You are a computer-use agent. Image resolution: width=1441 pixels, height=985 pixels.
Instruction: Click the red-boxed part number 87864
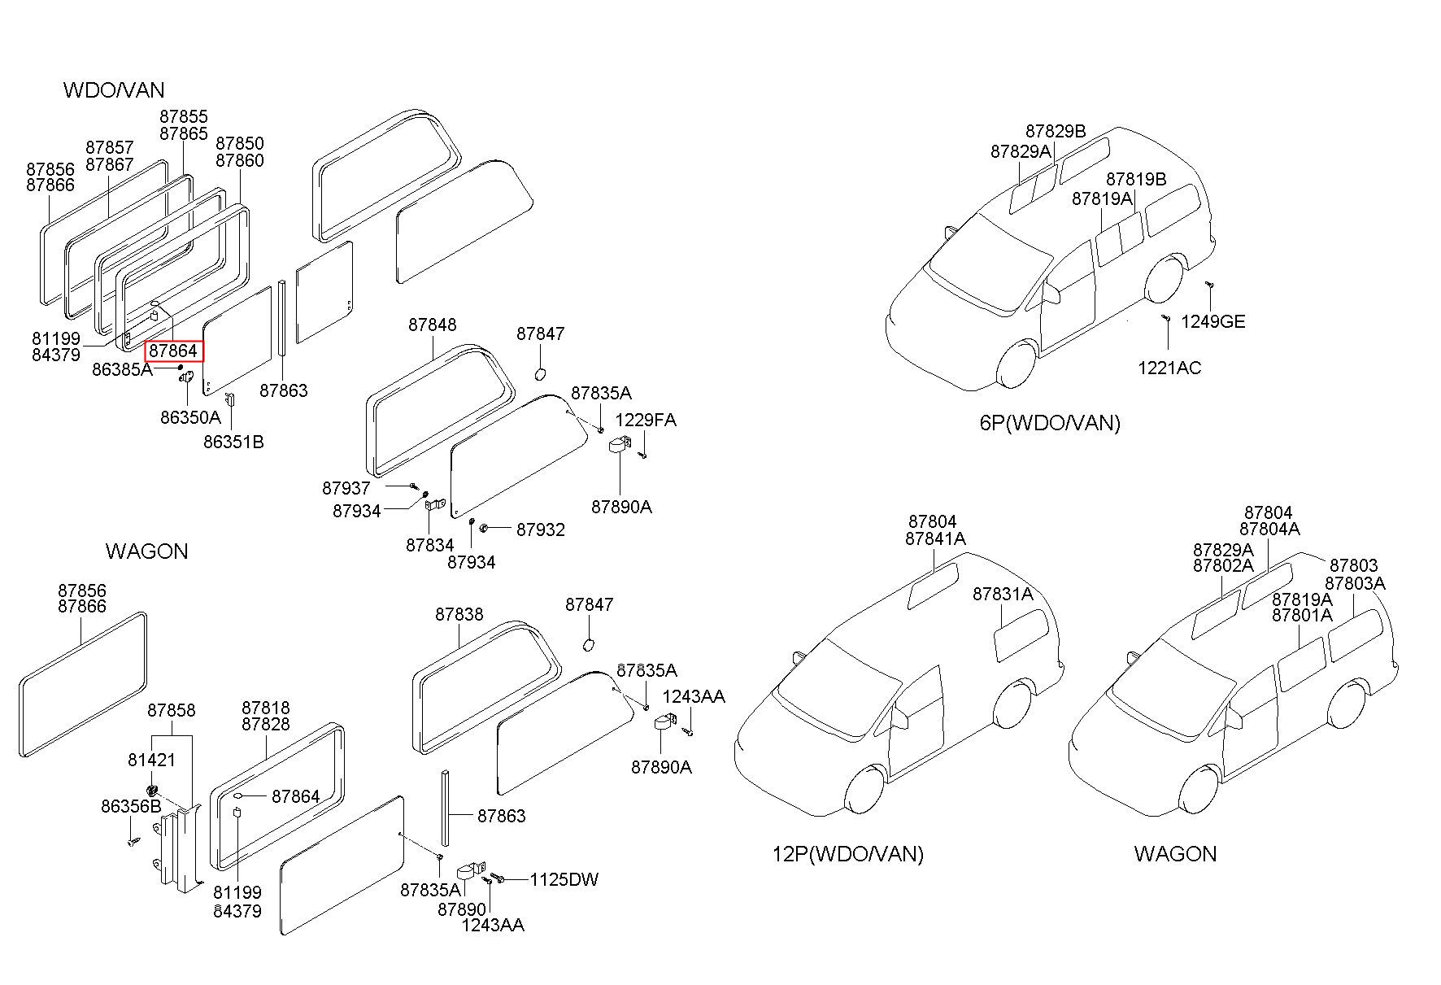point(173,351)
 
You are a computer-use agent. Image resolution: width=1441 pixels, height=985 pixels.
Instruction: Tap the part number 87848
point(433,325)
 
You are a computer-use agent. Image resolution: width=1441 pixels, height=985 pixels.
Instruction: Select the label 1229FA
point(646,420)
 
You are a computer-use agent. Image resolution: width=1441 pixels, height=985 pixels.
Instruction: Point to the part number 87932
point(541,530)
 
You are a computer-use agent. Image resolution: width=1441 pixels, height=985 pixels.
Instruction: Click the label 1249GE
point(1213,321)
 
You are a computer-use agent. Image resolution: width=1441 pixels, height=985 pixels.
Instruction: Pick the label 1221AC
point(1169,368)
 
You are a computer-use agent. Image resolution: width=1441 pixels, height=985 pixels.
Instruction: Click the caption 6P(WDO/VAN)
point(1050,423)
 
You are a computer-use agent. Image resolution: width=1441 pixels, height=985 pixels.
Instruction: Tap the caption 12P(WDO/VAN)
point(847,854)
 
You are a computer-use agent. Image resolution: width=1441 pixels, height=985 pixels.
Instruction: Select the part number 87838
point(459,614)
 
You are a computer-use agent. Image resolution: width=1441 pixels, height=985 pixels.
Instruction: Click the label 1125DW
point(564,879)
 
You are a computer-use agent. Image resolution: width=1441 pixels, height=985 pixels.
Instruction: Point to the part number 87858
point(172,710)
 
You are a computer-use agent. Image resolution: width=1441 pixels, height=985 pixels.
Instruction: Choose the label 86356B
point(131,806)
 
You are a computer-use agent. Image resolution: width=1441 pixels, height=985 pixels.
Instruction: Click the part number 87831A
point(1003,595)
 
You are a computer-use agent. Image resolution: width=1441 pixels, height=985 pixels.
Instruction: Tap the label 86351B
point(233,442)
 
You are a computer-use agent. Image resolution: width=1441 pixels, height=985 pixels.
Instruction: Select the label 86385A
point(122,369)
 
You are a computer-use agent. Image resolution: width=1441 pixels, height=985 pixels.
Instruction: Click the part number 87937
point(346,488)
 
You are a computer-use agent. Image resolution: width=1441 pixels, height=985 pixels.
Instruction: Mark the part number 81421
point(152,760)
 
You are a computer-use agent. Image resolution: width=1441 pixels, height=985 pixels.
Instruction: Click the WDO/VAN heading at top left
point(114,89)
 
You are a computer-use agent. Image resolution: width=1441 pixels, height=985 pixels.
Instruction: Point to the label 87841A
point(935,538)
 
